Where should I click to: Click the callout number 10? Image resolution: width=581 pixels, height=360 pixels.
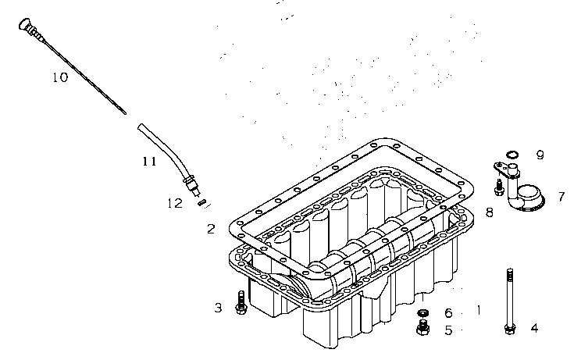coord(60,77)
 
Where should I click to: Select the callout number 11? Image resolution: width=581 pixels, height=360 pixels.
coord(150,161)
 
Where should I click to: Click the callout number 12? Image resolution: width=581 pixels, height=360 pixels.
coord(175,203)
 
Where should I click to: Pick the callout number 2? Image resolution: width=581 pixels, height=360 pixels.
coord(211,229)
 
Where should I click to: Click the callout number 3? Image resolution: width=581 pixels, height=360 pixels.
coord(218,308)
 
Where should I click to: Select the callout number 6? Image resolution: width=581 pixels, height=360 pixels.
coord(448,313)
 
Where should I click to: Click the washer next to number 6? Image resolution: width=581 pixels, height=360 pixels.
coord(423,313)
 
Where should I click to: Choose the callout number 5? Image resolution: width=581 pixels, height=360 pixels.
coord(449,330)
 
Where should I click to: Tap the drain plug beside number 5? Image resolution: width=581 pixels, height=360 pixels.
coord(423,327)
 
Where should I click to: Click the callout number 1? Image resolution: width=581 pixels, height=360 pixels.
coord(479,310)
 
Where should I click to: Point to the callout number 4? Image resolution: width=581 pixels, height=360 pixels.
coord(534,328)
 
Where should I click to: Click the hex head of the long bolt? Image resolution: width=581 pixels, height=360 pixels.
coord(510,329)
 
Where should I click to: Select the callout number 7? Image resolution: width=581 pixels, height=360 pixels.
coord(561,197)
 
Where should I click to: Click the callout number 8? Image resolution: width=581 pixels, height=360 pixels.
coord(490,212)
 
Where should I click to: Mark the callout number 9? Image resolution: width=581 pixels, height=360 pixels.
coord(540,155)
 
